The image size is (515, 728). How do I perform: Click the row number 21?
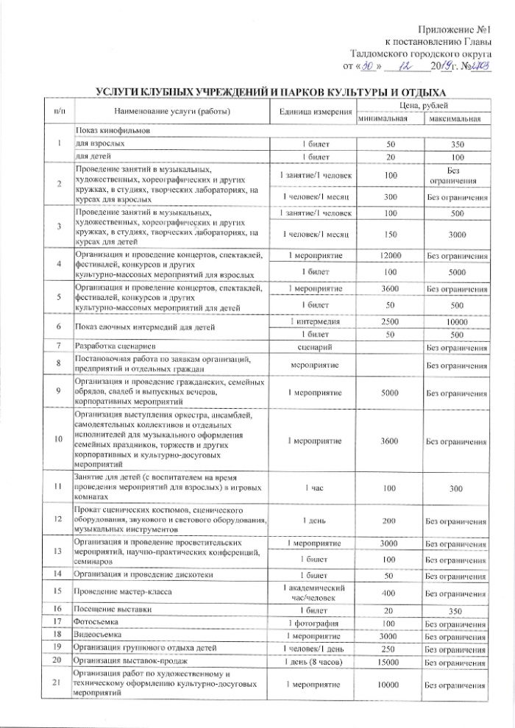click(x=56, y=684)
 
